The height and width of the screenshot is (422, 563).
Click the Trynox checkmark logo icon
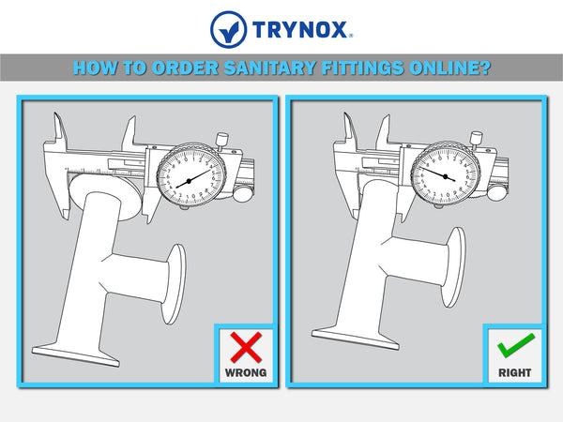click(x=229, y=29)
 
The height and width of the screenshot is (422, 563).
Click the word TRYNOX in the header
click(x=300, y=29)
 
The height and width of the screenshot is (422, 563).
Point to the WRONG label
click(x=246, y=372)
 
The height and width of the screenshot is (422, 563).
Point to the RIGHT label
click(x=514, y=372)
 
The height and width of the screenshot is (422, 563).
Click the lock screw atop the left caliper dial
click(x=221, y=141)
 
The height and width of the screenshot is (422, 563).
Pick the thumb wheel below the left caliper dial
click(x=243, y=195)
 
